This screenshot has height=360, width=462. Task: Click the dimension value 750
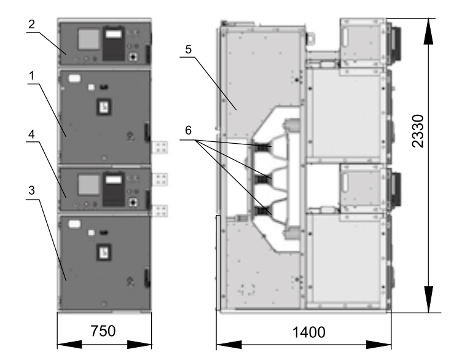point(103,331)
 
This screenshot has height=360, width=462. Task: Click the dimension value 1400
point(309,332)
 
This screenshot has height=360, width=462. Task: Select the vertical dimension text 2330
point(418,131)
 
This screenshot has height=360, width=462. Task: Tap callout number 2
point(31,24)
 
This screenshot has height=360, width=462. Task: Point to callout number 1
point(31,76)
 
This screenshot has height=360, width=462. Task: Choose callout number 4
point(31,135)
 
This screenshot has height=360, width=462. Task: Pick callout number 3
point(31,190)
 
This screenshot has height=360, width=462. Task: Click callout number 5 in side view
point(189,49)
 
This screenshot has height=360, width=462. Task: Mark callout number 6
point(188,130)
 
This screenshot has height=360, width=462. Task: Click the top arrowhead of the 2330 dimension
point(428,31)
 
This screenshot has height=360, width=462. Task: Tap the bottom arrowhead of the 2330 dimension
point(428,299)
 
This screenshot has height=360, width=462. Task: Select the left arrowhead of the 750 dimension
point(69,344)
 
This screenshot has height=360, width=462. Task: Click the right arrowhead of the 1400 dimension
point(379,345)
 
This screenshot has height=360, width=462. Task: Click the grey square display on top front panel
point(88,39)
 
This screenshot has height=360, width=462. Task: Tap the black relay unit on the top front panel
point(114,44)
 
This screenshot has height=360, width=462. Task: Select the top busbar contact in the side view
point(263,146)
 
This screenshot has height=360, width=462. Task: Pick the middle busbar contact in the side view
point(263,179)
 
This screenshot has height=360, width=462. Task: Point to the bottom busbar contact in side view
point(263,211)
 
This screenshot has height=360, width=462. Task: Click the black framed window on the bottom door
point(104,252)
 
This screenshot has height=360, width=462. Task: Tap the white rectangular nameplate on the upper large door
point(74,79)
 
